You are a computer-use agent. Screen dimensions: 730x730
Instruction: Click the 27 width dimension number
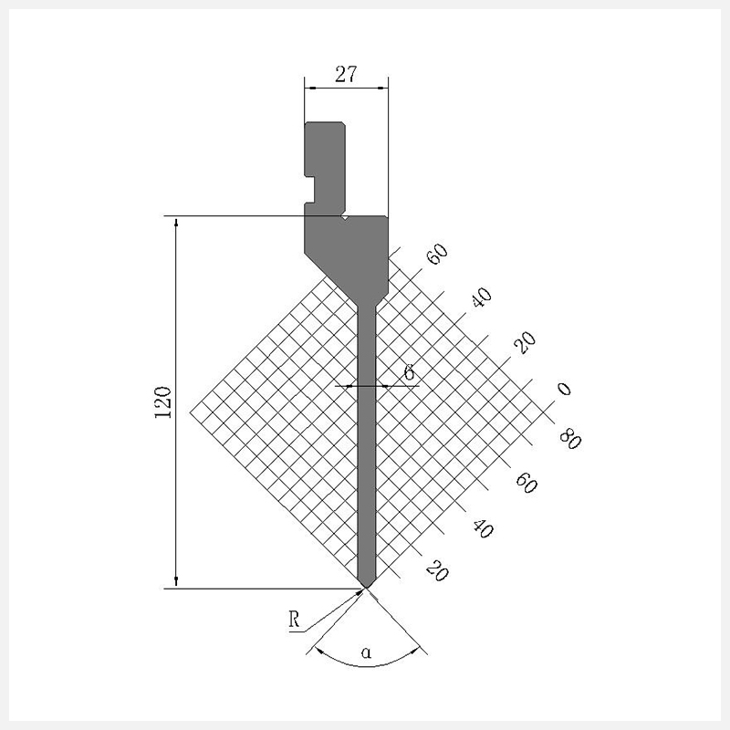pos(346,75)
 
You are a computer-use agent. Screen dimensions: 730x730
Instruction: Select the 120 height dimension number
pos(163,402)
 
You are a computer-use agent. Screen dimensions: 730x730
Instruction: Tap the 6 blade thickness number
pos(409,372)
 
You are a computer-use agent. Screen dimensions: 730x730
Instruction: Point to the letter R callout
pos(294,620)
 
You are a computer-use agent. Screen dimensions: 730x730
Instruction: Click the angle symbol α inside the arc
pos(367,652)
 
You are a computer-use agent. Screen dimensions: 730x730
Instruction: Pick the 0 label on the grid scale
pos(564,389)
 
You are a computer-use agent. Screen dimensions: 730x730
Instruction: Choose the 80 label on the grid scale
pos(570,439)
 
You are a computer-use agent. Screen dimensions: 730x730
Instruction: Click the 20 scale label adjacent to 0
pos(525,343)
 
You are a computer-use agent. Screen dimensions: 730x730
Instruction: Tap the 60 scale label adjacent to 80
pos(527,483)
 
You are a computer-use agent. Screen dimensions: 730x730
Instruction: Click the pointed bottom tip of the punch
pos(366,588)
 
